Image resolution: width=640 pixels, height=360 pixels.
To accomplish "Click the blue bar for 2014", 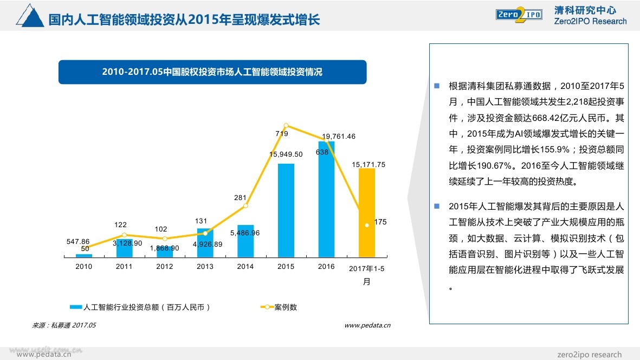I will tap(245, 241).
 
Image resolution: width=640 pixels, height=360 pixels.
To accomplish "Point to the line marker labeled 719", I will tap(286, 125).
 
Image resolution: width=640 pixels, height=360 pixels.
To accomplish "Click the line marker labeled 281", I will tap(245, 205).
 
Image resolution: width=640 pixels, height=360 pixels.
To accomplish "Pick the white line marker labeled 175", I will tap(367, 224).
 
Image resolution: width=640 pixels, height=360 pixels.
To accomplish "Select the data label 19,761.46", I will tap(339, 136).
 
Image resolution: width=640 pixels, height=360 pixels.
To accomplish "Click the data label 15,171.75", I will tap(369, 164).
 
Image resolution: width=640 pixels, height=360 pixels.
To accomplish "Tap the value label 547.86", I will tap(78, 241).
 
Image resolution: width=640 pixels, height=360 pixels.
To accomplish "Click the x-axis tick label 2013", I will tap(205, 266).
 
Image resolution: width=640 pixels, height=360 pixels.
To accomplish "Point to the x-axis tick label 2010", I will tap(83, 266).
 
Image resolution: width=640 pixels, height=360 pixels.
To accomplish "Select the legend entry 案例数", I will tap(279, 307).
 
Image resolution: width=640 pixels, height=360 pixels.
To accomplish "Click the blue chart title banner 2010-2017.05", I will tap(212, 72).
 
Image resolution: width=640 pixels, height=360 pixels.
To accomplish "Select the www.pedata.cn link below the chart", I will tap(367, 325).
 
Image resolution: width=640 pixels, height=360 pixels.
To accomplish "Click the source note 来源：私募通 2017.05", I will tap(64, 325).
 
